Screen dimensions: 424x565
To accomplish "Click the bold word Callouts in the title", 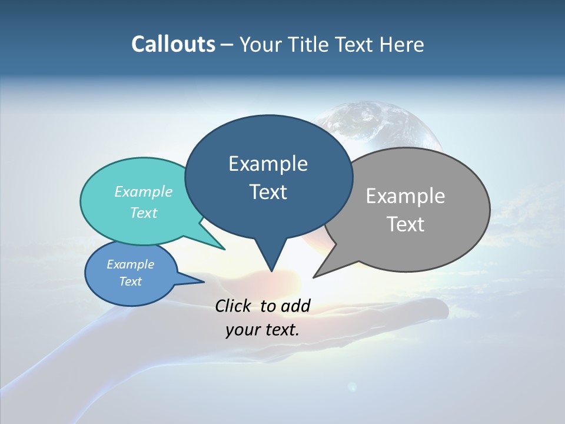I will coord(173,44).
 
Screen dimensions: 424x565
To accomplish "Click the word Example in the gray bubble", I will coord(406,196).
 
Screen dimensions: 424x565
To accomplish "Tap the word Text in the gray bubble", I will coord(406,224).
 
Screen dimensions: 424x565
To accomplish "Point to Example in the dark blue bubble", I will coord(268,164).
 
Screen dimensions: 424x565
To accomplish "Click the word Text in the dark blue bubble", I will coord(268,192).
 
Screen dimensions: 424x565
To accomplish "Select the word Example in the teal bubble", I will coord(144,192).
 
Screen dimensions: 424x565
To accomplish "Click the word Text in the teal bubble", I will coord(144,213).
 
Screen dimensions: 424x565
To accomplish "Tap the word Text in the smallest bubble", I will coord(131,281).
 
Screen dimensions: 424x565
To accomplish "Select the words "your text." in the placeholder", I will coord(262,330).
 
